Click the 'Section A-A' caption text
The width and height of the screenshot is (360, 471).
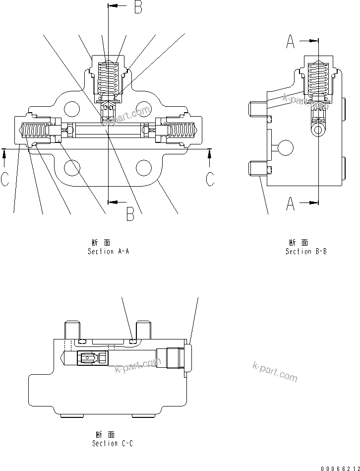108,252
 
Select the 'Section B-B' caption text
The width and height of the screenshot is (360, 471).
305,252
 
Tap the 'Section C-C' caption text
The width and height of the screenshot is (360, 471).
112,443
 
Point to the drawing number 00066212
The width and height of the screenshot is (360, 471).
339,468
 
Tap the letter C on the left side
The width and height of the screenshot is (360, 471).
4,179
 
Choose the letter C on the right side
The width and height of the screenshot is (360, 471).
210,179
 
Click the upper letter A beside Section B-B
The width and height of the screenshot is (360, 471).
291,43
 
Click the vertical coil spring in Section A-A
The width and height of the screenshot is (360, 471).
109,77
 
